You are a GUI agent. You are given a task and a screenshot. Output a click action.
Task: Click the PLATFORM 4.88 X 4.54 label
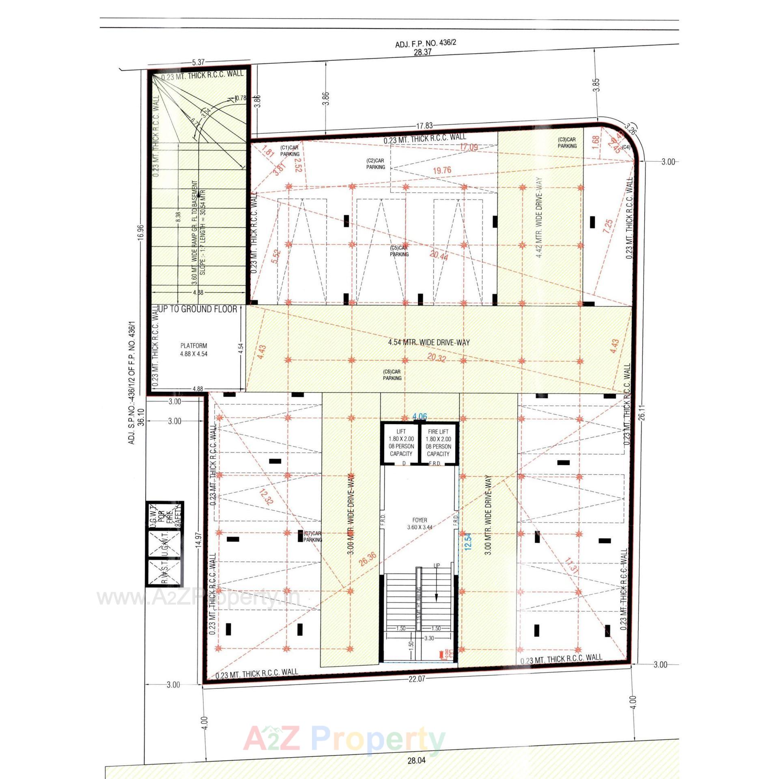pyautogui.click(x=194, y=350)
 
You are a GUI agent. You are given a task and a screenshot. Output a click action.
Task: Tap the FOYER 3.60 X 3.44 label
pyautogui.click(x=420, y=523)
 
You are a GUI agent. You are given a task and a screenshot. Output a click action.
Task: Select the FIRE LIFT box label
pyautogui.click(x=438, y=442)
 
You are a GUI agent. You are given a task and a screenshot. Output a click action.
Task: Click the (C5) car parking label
pyautogui.click(x=399, y=251)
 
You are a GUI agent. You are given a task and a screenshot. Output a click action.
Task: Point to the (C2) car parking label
pyautogui.click(x=375, y=164)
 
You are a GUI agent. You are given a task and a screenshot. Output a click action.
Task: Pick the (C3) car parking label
pyautogui.click(x=567, y=142)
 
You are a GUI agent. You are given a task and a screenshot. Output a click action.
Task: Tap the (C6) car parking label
pyautogui.click(x=392, y=375)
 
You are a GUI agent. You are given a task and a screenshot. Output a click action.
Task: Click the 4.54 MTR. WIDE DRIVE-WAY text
pyautogui.click(x=429, y=342)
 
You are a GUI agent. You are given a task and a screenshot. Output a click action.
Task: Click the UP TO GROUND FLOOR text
pyautogui.click(x=198, y=309)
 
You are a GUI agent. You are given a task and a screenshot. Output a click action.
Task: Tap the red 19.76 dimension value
pyautogui.click(x=442, y=170)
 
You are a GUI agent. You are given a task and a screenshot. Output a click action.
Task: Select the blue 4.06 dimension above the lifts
pyautogui.click(x=420, y=416)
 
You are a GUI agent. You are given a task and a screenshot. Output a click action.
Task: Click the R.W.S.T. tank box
pyautogui.click(x=164, y=572)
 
